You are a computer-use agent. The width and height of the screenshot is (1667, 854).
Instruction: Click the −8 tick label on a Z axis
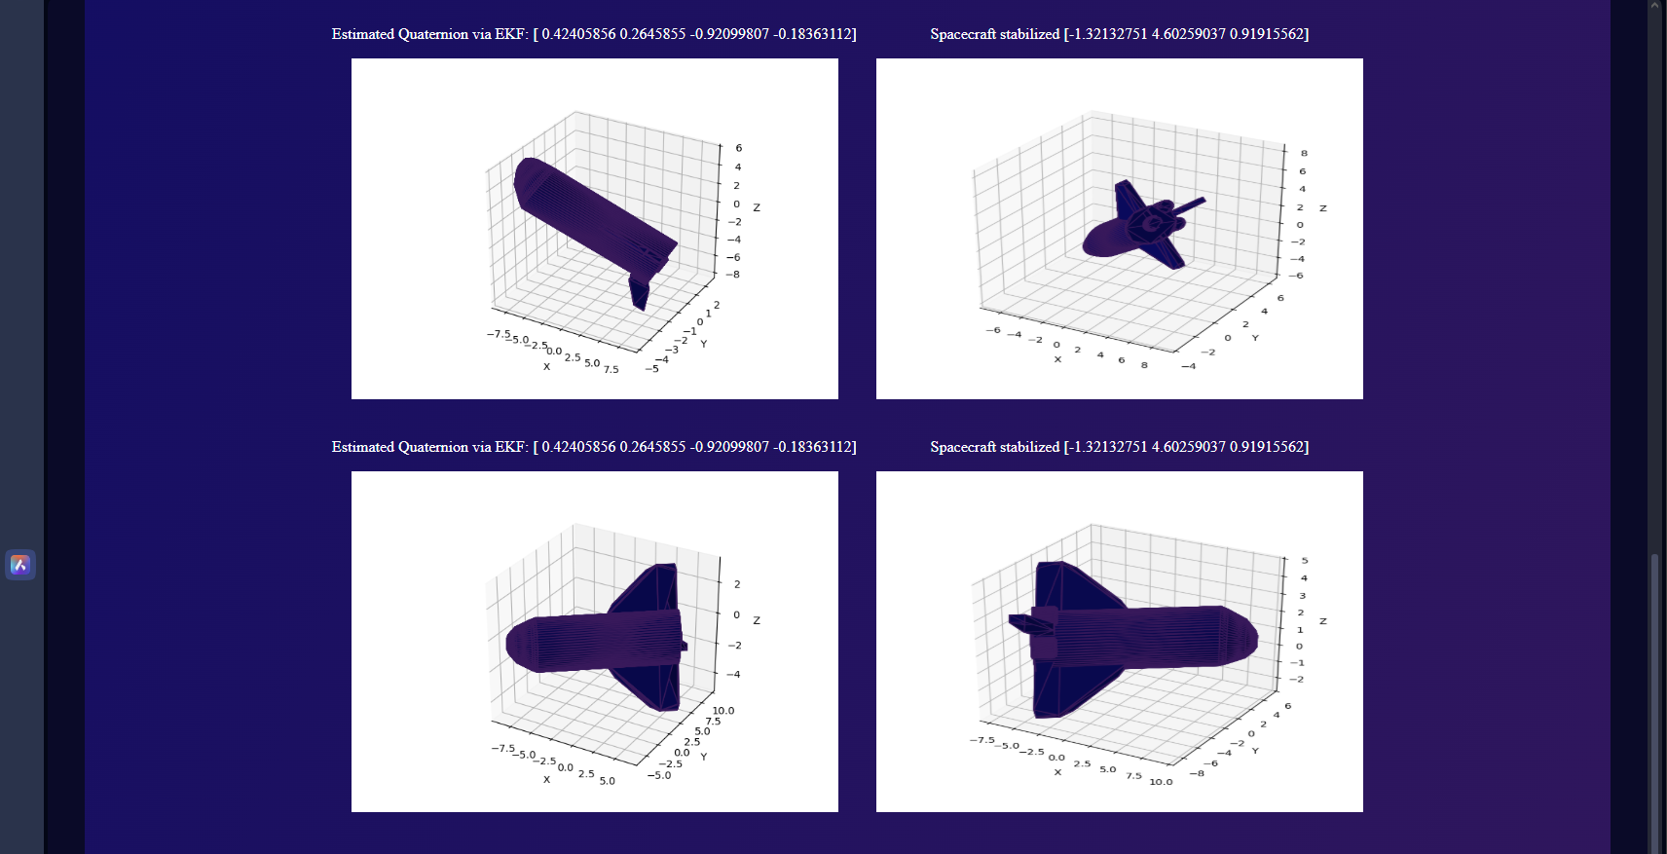pos(733,275)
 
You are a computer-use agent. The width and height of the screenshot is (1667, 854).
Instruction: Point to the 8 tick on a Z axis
pos(1304,154)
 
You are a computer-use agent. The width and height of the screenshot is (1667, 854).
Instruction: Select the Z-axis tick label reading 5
pos(1304,561)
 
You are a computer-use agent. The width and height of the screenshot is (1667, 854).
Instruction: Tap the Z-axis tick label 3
pos(1302,596)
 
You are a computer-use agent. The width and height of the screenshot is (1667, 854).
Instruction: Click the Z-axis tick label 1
pos(1299,630)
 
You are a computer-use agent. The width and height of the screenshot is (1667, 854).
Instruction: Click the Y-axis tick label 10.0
pos(723,711)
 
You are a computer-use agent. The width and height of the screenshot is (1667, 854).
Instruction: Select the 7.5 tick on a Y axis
pos(713,721)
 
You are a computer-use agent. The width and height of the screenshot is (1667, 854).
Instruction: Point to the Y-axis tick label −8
pos(1196,773)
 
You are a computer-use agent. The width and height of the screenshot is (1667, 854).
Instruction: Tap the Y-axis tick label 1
pos(709,314)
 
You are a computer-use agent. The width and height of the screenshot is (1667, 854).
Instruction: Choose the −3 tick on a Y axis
pos(673,350)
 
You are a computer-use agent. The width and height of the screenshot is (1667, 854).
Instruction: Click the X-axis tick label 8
pos(1144,365)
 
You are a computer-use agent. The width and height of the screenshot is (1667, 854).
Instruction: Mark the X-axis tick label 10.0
pos(1161,782)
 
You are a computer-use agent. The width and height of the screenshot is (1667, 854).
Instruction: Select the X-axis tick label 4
pos(1100,355)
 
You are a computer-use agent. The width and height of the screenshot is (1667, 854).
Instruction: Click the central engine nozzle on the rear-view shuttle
pos(1152,223)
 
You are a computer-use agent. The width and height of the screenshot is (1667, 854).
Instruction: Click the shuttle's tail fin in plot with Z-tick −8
pos(640,291)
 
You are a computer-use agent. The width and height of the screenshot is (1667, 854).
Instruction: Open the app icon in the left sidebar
pos(20,565)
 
